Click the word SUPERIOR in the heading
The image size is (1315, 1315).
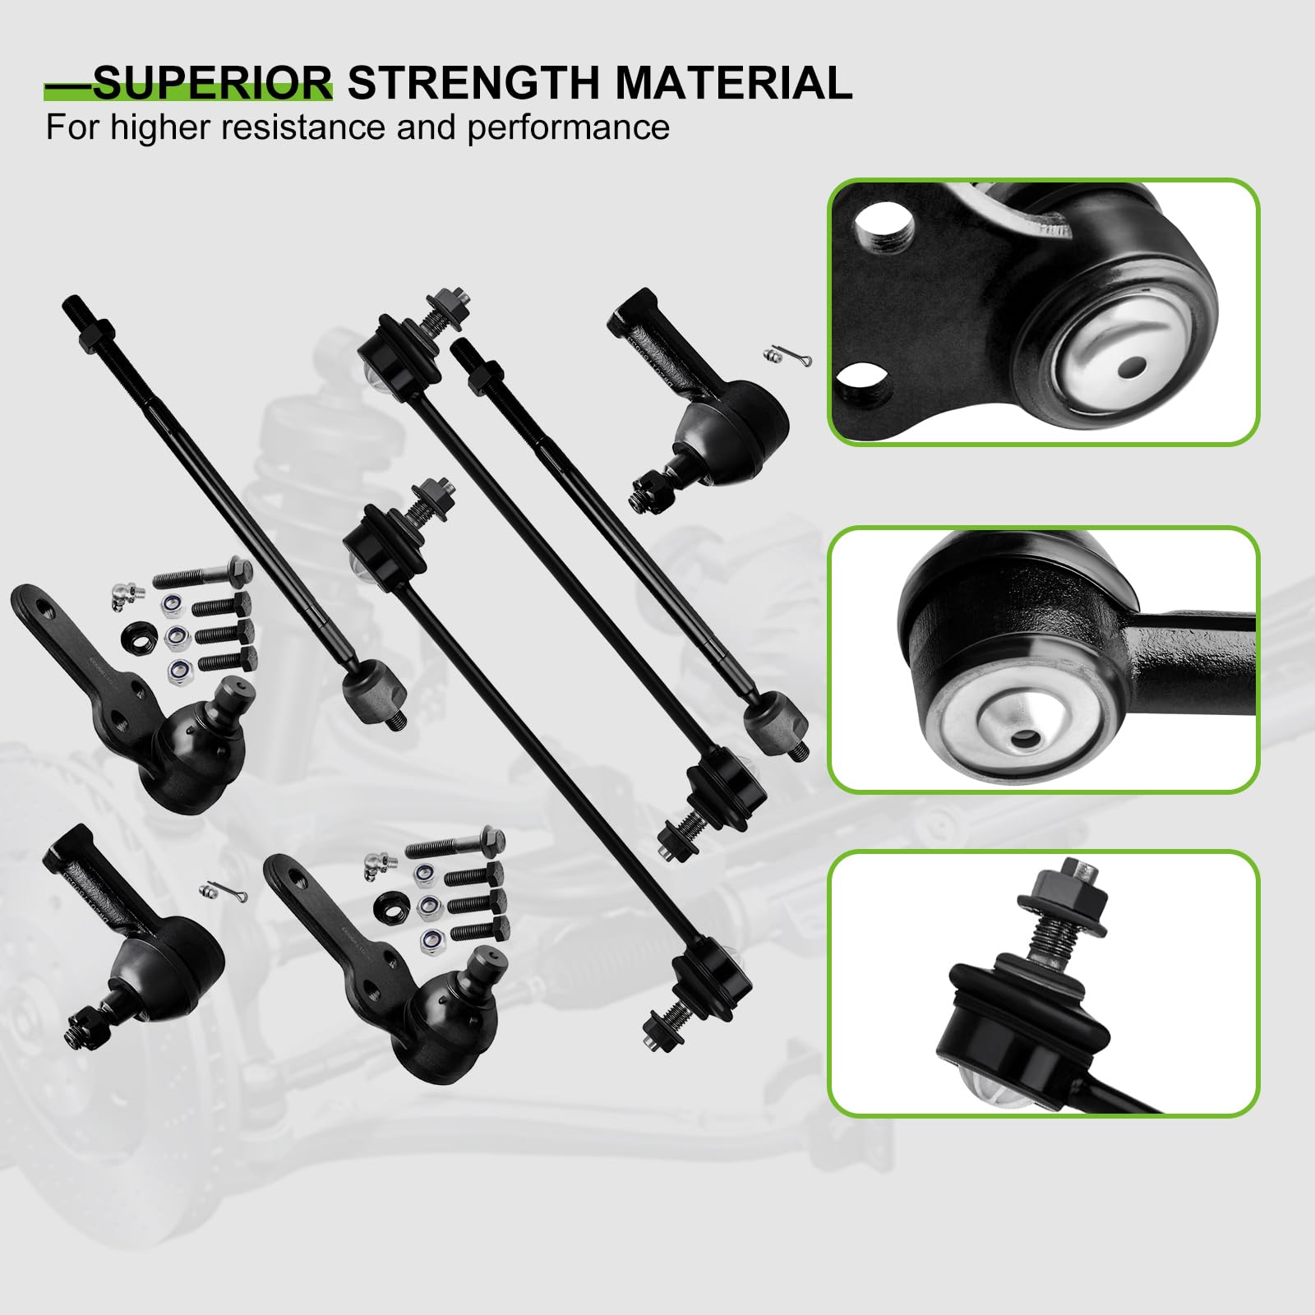212,83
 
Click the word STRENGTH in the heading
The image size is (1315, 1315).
474,83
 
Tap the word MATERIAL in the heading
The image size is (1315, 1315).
734,83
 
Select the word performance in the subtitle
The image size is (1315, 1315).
569,127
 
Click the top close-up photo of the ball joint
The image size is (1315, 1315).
1043,312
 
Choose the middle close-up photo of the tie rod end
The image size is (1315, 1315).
1043,659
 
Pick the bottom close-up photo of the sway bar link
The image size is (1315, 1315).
1043,983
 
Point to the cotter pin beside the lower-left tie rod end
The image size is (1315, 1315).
215,890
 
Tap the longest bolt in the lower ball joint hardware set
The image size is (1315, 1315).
454,845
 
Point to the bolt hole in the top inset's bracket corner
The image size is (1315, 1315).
884,226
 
